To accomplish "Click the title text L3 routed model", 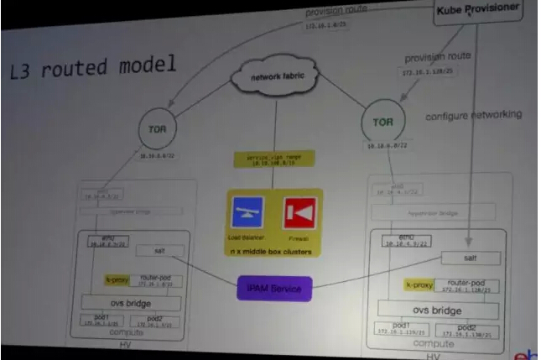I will (x=92, y=65).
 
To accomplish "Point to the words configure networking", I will (x=473, y=114).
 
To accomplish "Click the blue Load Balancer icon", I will (x=248, y=213).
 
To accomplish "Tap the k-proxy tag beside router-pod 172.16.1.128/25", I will (x=418, y=285).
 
